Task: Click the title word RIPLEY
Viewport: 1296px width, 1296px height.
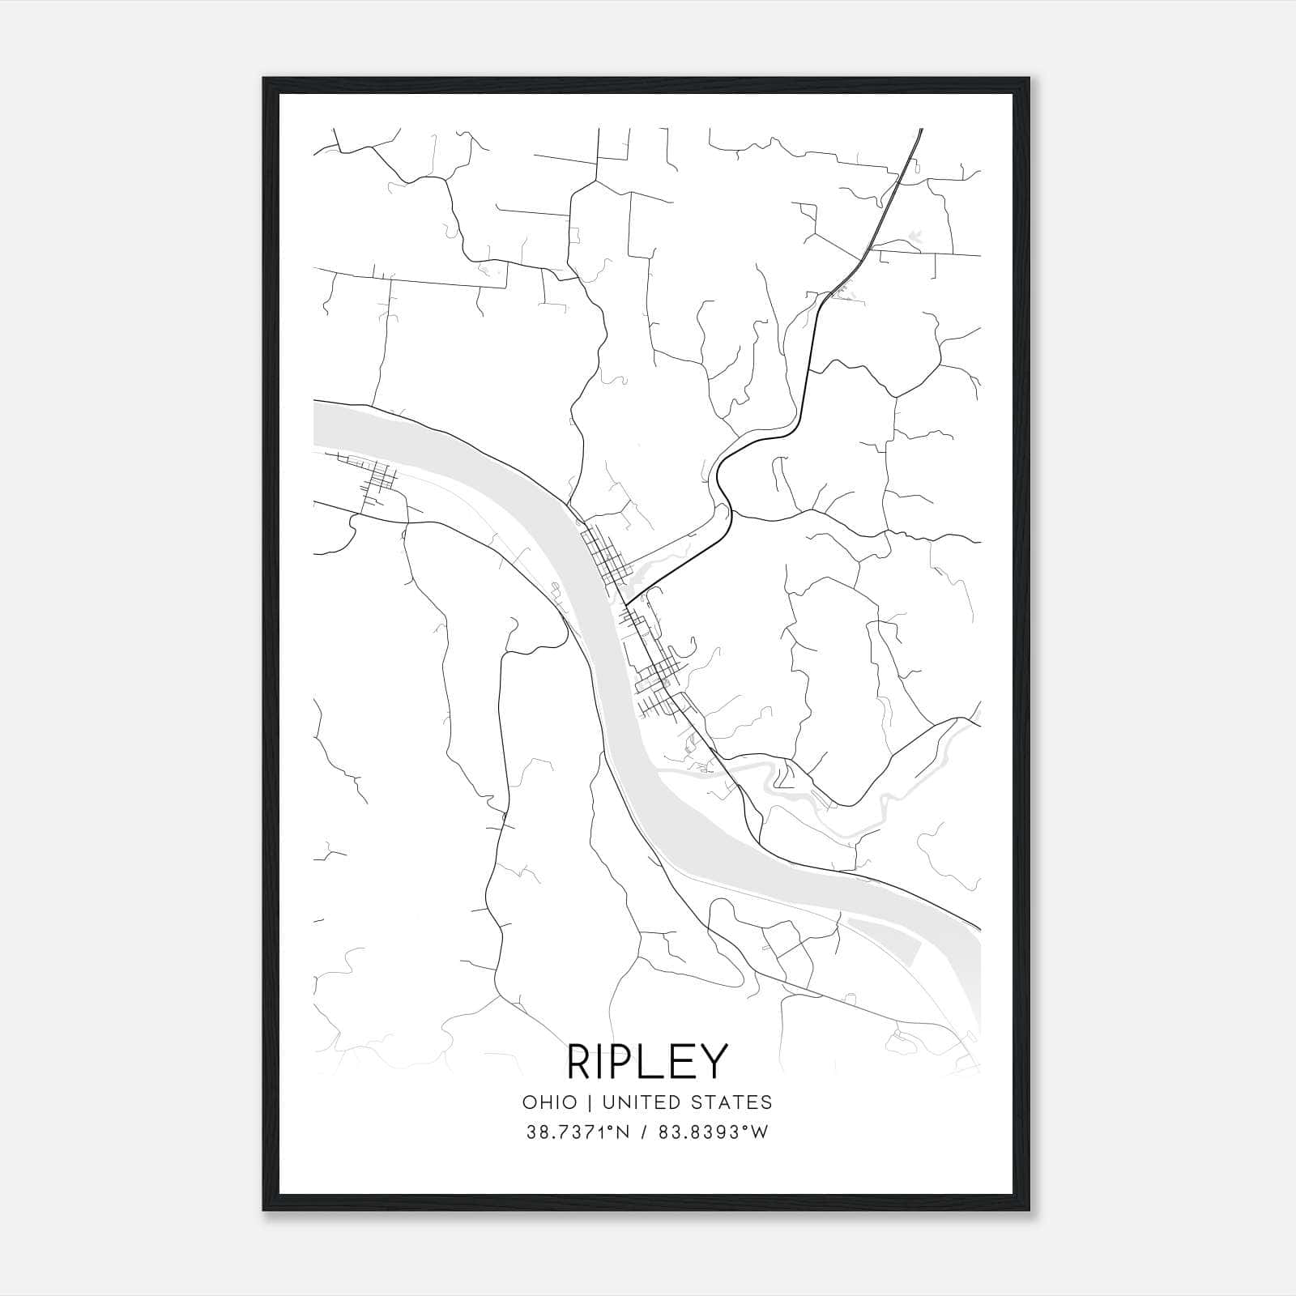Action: coord(647,1062)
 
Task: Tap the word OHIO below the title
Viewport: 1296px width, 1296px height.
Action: coord(550,1102)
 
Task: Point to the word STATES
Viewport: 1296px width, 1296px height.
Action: coord(735,1102)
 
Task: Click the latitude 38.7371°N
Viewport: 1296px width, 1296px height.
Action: coord(578,1132)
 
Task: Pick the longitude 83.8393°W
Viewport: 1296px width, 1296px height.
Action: coord(711,1132)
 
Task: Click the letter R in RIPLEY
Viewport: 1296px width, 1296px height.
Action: coord(581,1062)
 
